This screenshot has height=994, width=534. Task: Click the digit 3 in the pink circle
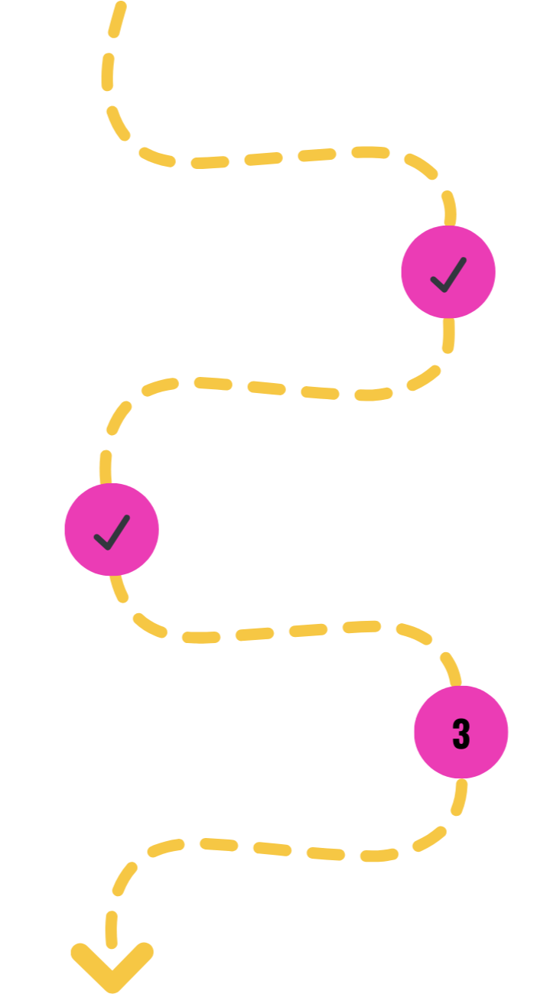[461, 733]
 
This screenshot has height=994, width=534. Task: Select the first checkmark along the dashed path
[448, 274]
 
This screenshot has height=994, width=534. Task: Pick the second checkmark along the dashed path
[112, 531]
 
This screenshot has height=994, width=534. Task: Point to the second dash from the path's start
[108, 71]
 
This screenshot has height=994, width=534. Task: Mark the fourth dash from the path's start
[157, 157]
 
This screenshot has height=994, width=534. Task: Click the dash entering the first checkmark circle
[449, 208]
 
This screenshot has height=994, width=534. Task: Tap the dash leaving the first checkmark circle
[448, 334]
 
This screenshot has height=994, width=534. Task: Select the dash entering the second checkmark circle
[106, 466]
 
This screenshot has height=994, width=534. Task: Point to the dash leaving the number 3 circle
[459, 797]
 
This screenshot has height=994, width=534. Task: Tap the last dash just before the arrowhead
[112, 929]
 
